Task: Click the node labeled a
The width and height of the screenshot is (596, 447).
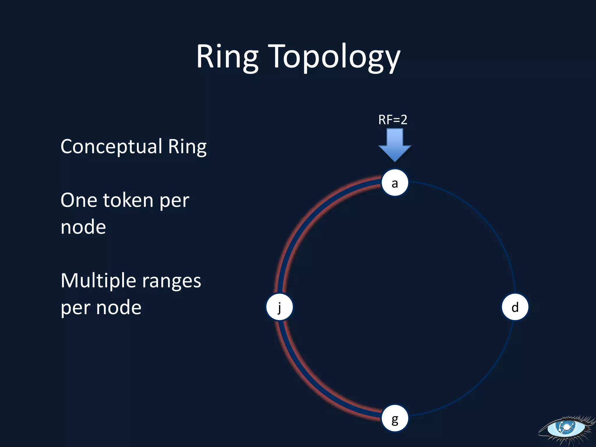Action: pyautogui.click(x=395, y=183)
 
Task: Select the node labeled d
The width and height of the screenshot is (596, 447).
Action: pyautogui.click(x=515, y=307)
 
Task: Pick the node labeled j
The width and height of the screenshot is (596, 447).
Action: pyautogui.click(x=280, y=307)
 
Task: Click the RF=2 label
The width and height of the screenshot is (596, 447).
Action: pyautogui.click(x=393, y=120)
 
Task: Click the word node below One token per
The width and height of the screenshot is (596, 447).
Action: pyautogui.click(x=83, y=227)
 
